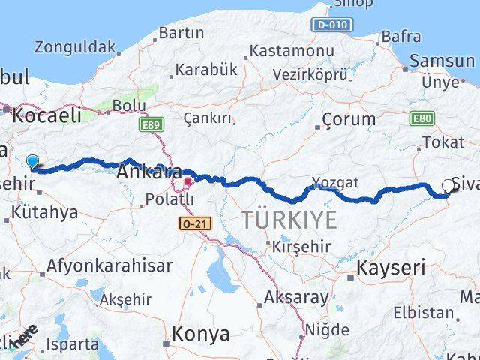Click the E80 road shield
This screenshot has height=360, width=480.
point(422,118)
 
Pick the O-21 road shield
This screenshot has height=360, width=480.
point(193,223)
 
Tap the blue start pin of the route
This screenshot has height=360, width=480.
point(32,161)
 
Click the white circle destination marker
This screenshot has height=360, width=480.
point(448,186)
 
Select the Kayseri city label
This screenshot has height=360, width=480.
point(391,266)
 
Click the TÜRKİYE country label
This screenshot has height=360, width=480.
point(289,220)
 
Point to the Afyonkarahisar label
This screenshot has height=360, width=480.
point(109,265)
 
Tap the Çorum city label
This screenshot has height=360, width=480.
point(349,119)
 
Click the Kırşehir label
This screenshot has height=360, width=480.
point(302,247)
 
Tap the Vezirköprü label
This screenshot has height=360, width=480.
point(310,75)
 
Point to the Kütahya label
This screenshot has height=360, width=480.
point(44,212)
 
